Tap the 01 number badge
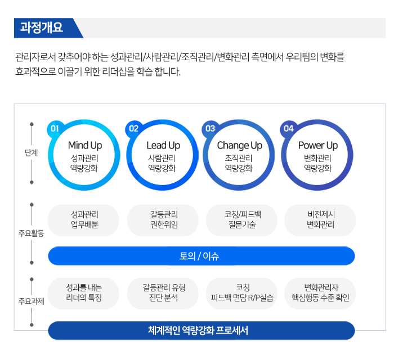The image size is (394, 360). coord(55,129)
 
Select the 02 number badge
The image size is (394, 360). coord(133,129)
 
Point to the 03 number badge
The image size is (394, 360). coord(211,129)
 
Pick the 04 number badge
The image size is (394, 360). coord(288,129)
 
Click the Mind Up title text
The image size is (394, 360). coord(85,145)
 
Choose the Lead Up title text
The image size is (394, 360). coord(163,145)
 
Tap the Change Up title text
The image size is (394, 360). coord(239,146)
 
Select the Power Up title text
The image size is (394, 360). coord(318,145)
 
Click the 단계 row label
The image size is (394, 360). coord(31,152)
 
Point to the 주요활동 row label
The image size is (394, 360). coord(31,233)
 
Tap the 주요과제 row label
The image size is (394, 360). coord(31,301)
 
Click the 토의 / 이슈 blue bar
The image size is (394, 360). coord(202,256)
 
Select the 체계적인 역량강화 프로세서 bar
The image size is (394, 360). coord(202,330)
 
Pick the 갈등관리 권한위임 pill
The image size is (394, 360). coord(163,220)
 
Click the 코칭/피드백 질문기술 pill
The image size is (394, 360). coord(241,220)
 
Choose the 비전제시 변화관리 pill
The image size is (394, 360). coord(320,220)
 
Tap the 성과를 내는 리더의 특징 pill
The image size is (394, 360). coord(83,293)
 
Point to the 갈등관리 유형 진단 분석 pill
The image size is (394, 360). coord(163,293)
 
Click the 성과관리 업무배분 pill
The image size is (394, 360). coord(83,220)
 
